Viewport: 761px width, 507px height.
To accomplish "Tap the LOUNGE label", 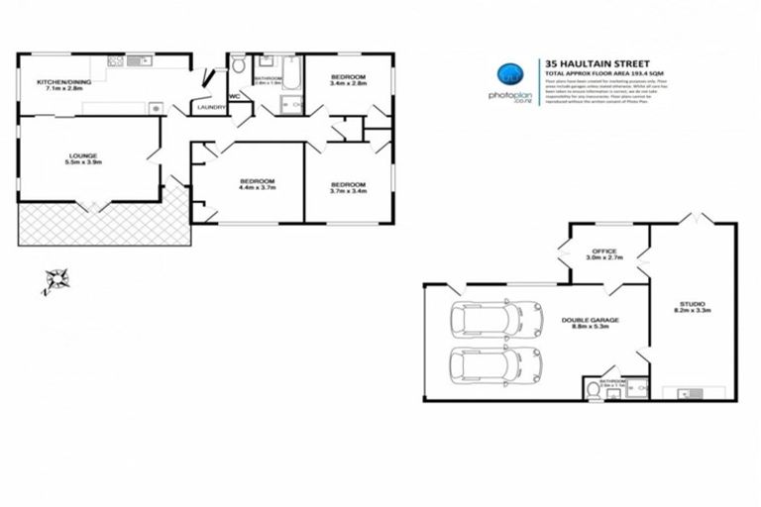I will coord(82,154).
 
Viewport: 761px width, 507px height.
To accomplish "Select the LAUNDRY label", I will coord(211,107).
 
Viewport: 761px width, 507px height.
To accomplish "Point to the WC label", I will coord(236,96).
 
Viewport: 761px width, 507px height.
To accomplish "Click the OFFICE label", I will coord(604,252).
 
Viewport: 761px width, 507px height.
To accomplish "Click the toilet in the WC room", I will coord(239,66).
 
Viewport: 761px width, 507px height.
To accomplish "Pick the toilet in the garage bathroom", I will coord(594,388).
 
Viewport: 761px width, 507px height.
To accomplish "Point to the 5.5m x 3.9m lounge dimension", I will coord(82,162).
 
